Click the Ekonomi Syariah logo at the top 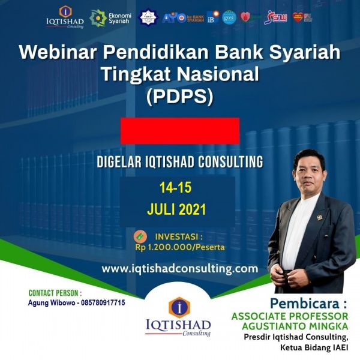106,18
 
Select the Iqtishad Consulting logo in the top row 65,17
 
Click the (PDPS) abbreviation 180,97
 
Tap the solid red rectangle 180,131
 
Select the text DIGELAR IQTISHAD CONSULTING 179,161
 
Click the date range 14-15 175,188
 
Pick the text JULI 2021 176,210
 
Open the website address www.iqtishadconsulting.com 179,269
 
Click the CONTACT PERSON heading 55,293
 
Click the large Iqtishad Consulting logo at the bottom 179,316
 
